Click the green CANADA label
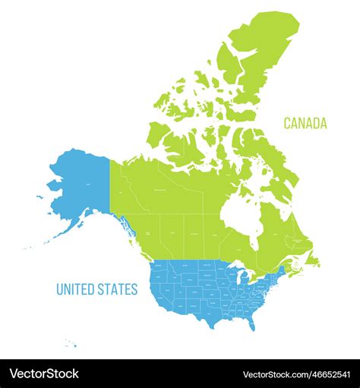click(305, 123)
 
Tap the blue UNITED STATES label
click(96, 289)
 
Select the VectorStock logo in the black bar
click(44, 374)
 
